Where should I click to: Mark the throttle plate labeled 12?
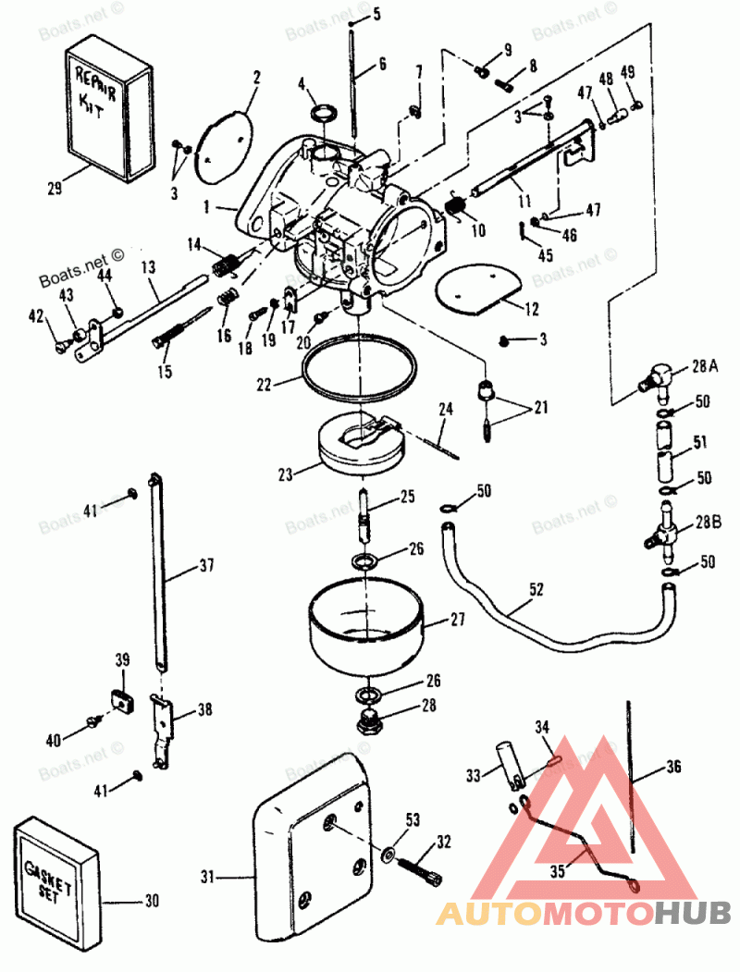[481, 286]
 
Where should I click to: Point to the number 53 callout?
[413, 818]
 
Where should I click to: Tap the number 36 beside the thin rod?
[674, 768]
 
